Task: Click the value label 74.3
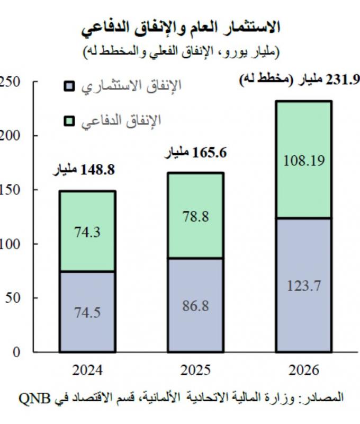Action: coord(87,232)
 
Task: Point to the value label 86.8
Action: coord(195,306)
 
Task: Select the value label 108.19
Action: coord(303,160)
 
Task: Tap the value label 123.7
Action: coord(303,286)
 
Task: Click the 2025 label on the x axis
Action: coord(195,370)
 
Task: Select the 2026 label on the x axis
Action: coord(303,370)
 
